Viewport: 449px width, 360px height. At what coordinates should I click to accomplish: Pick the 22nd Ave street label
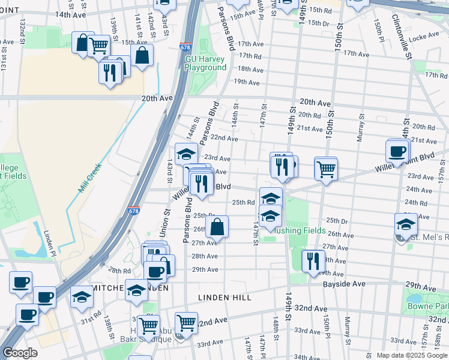pyautogui.click(x=224, y=139)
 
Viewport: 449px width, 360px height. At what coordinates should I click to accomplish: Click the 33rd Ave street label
pyautogui.click(x=209, y=344)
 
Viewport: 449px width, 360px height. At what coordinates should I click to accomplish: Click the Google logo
pyautogui.click(x=20, y=353)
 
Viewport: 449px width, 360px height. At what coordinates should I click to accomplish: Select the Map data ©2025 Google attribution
pyautogui.click(x=411, y=355)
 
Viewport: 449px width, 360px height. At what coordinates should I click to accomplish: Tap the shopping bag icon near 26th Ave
pyautogui.click(x=217, y=227)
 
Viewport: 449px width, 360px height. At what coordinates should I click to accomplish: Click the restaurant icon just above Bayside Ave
pyautogui.click(x=313, y=260)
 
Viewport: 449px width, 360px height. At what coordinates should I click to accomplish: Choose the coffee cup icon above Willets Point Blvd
pyautogui.click(x=397, y=151)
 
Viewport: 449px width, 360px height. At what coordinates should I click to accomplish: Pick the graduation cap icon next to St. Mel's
pyautogui.click(x=406, y=224)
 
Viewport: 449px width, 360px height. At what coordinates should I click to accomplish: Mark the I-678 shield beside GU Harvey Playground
pyautogui.click(x=185, y=47)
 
